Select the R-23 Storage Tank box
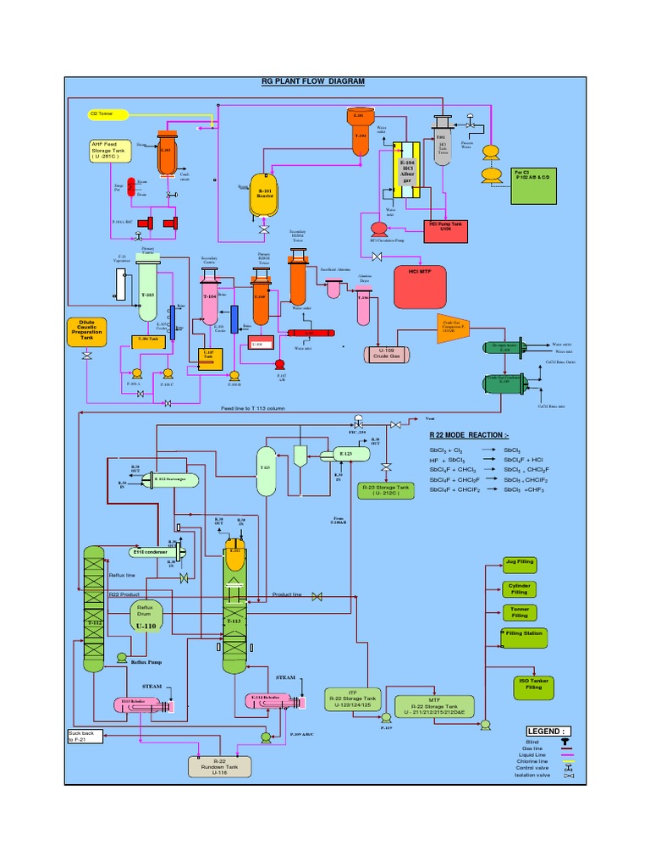386,490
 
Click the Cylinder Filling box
520,588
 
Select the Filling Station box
524,633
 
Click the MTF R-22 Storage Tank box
432,704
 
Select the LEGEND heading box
548,731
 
